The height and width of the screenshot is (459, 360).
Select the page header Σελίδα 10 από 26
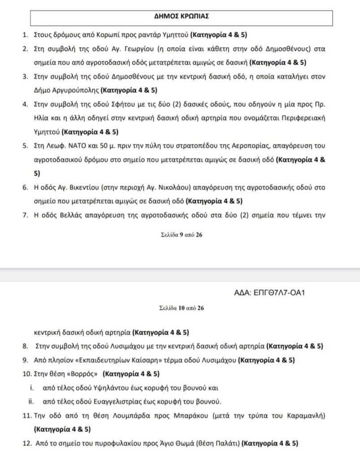pos(181,308)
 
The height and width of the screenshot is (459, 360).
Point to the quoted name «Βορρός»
pos(82,373)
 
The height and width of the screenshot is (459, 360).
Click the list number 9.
pos(25,359)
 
